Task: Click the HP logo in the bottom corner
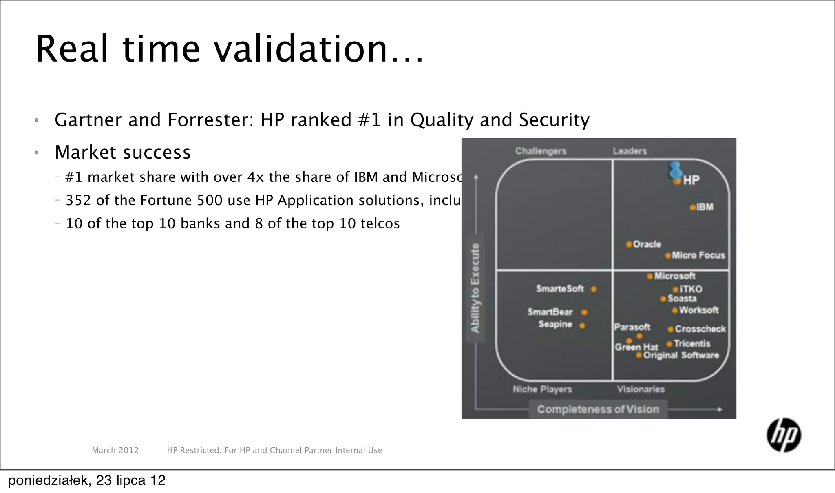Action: coord(784,435)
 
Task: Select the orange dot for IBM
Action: coord(692,208)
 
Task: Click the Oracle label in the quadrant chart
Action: coord(647,244)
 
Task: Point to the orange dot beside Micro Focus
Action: coord(668,256)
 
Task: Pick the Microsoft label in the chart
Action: coord(674,276)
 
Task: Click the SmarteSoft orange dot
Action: coord(594,289)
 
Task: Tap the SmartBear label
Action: coord(550,312)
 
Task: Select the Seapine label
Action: coord(555,324)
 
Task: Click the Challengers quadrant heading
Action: coord(541,151)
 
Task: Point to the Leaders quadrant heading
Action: coord(630,151)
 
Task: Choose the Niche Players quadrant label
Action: coord(542,389)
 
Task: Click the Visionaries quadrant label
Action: coord(641,389)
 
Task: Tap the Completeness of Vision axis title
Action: coord(598,409)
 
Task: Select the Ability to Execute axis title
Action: coord(475,288)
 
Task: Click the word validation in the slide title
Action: coord(300,49)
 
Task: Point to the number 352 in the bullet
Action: coord(78,200)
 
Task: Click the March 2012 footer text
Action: coord(115,450)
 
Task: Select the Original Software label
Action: coord(681,355)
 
